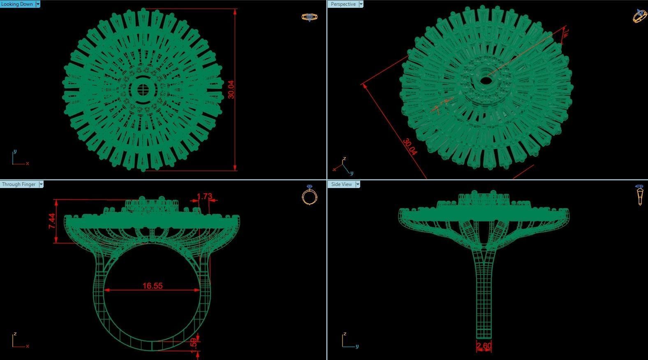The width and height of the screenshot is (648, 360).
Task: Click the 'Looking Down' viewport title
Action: coord(17,4)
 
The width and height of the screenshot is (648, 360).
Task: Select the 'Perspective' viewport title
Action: coord(343,4)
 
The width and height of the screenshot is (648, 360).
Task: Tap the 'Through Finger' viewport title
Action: coord(19,184)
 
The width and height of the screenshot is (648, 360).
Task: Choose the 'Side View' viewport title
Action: coord(341,184)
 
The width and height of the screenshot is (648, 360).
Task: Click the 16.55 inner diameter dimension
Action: coord(153,286)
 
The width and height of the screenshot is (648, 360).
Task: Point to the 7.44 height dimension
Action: coord(52,221)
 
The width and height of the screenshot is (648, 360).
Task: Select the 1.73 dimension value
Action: coord(204,196)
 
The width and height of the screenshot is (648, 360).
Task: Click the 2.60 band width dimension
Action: coord(484,346)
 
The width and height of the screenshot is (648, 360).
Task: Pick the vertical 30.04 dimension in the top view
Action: coord(231,89)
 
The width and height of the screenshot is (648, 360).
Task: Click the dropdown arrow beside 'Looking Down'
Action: coord(38,4)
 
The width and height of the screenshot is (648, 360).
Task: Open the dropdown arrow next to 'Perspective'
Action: coord(361,4)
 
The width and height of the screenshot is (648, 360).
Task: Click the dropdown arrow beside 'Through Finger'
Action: coord(41,184)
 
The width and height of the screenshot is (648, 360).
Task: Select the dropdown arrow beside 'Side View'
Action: coord(358,184)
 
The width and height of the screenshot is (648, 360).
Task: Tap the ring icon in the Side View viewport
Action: coord(640,195)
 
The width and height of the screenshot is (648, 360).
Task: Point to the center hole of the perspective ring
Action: coord(486,81)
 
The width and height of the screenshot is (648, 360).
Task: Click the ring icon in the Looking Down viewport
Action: coord(309,17)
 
